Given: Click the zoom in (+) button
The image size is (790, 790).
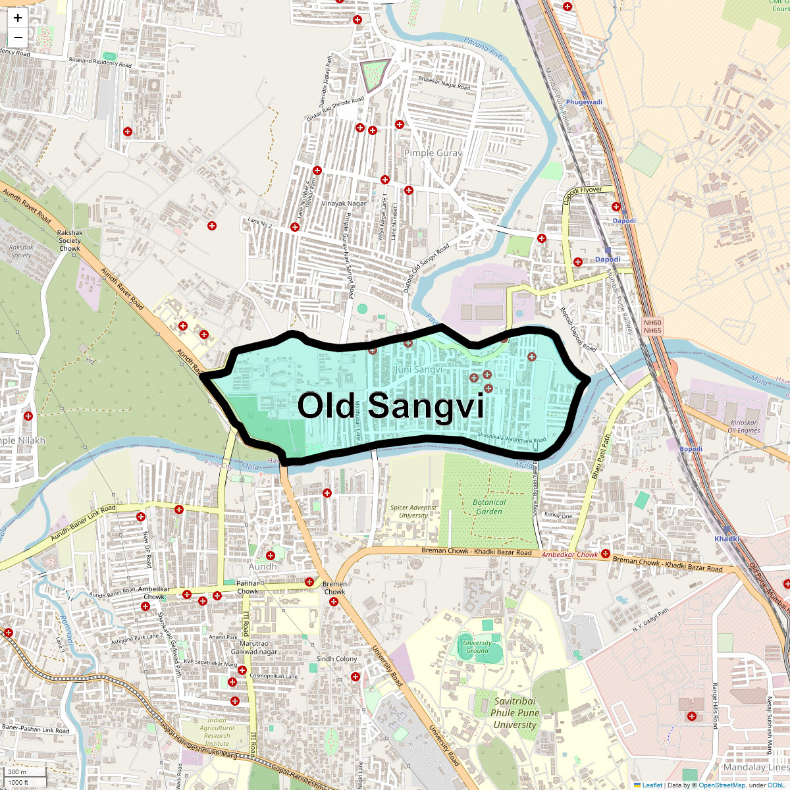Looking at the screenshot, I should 18,18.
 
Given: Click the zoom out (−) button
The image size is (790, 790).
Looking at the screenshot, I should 18,38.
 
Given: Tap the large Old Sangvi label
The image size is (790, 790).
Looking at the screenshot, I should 390,406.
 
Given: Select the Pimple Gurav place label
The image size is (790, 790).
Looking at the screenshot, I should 433,153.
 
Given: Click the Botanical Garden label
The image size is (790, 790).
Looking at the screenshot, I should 489,507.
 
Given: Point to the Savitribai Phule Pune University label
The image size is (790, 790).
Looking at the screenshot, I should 515,713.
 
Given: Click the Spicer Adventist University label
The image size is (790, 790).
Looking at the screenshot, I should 413,512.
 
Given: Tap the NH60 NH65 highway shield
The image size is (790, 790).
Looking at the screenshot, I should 652,327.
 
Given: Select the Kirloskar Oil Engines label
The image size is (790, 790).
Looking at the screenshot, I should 744,427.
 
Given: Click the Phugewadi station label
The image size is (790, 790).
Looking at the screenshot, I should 584,102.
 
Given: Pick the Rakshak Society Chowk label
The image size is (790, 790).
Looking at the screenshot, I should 70,240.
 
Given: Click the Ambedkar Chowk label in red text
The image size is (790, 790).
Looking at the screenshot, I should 569,555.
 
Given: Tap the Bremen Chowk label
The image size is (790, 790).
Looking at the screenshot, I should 334,588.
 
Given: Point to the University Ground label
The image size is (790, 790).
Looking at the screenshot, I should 477,646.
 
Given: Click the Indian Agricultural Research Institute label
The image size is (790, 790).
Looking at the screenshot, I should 217,732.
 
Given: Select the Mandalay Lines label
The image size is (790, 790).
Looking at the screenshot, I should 756,767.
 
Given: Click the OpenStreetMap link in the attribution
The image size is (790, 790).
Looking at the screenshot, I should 722,785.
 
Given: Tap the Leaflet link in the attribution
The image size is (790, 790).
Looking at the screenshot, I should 652,785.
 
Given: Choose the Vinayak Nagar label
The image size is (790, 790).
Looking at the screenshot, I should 344,203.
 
